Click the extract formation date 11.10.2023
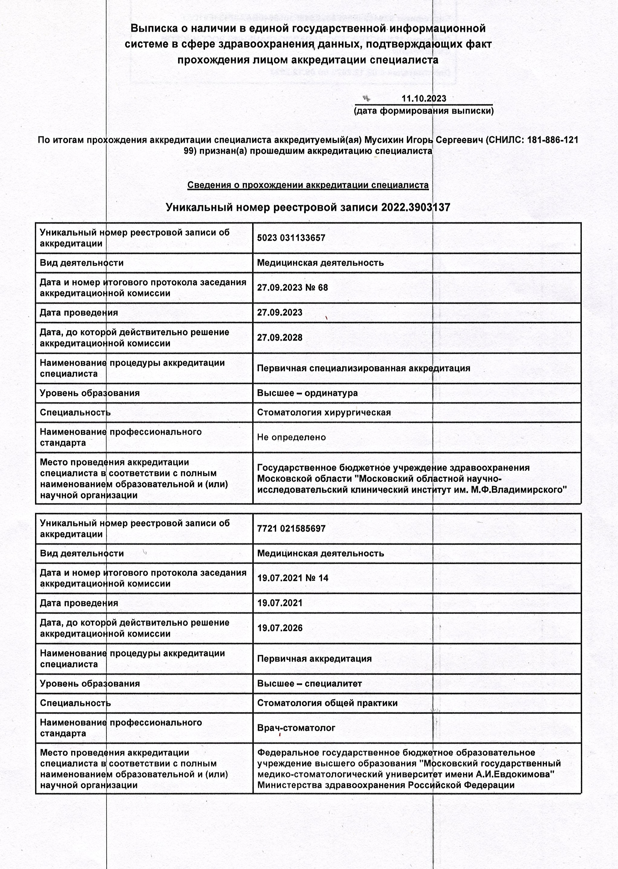click(424, 99)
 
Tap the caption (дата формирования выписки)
click(424, 111)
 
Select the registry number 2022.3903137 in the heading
click(415, 207)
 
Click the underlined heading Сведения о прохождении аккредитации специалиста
click(308, 185)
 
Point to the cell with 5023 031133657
click(291, 238)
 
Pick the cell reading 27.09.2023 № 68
click(292, 287)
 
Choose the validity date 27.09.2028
click(280, 338)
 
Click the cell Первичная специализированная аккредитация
click(363, 368)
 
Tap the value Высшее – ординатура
click(307, 393)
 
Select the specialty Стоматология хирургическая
click(324, 412)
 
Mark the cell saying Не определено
click(291, 437)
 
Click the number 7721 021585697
click(291, 528)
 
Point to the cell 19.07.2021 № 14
click(293, 578)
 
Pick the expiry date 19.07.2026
click(280, 628)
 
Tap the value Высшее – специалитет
click(309, 683)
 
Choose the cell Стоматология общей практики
click(327, 703)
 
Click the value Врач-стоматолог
click(296, 728)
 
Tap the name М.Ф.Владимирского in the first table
click(519, 489)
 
